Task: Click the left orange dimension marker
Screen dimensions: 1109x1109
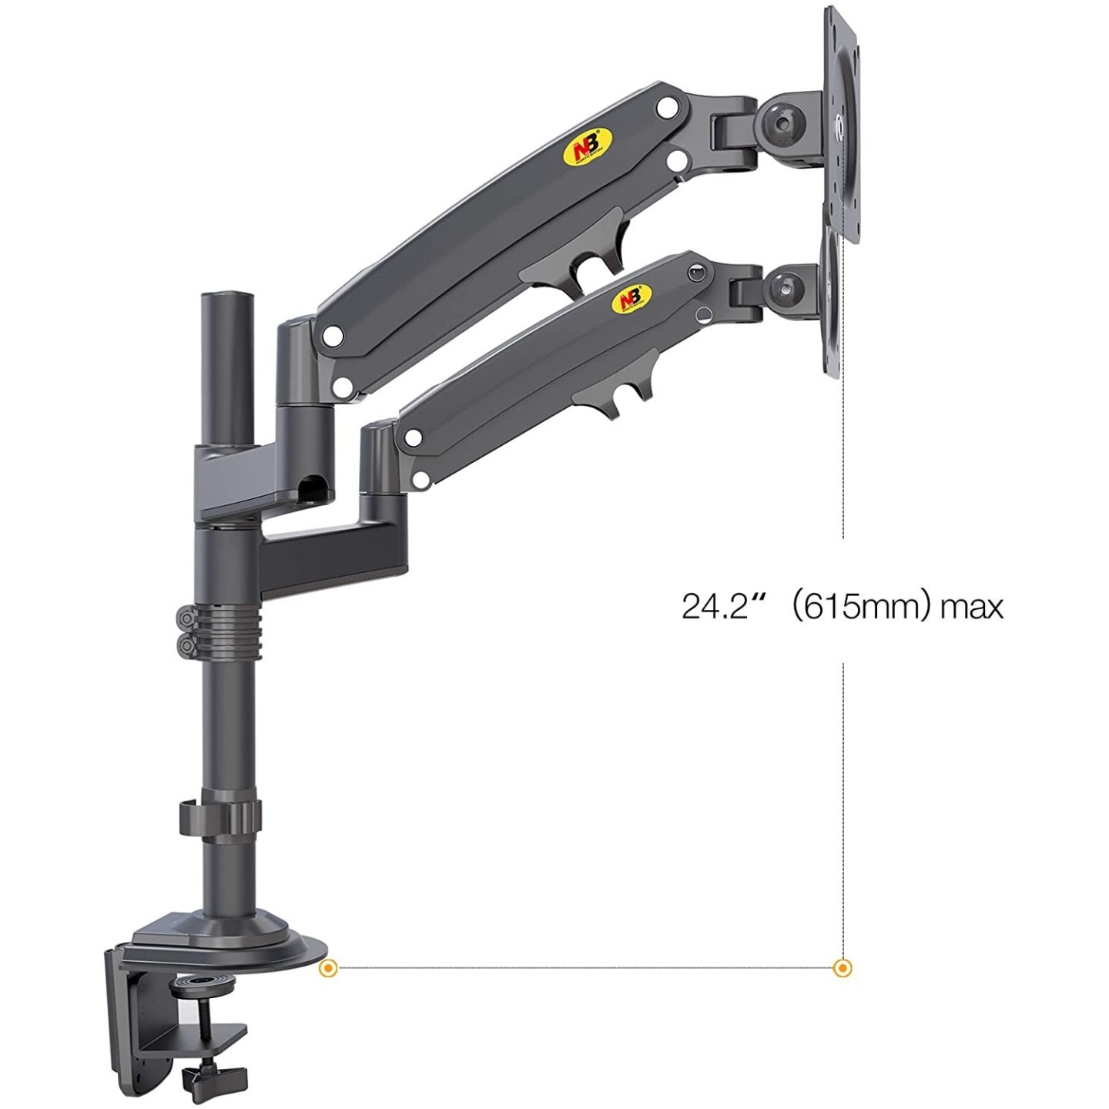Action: [328, 968]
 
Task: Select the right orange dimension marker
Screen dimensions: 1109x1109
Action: [843, 968]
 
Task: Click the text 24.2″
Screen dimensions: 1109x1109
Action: [715, 606]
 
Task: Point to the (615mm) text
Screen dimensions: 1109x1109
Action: [856, 606]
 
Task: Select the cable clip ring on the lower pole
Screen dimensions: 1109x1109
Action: [219, 817]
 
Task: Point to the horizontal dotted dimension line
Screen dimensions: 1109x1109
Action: [585, 968]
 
